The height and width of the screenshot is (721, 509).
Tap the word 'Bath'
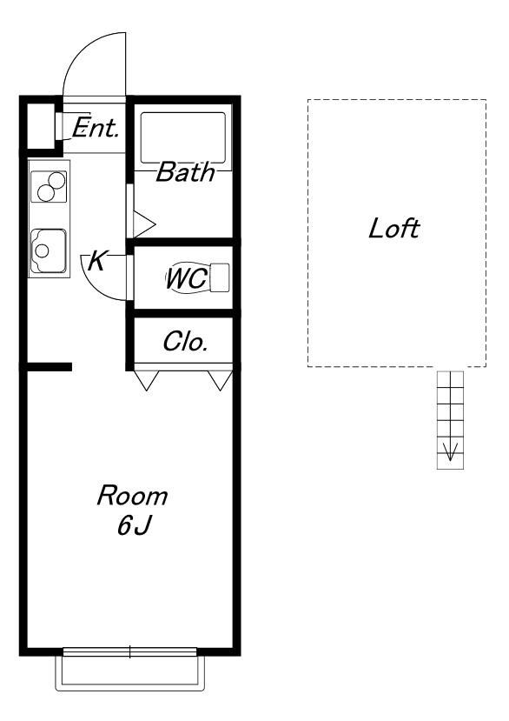186,172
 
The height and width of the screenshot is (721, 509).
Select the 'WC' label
186,278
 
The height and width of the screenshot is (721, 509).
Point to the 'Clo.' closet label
185,342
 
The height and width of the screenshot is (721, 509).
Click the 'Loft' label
394,228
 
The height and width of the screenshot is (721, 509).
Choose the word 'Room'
132,496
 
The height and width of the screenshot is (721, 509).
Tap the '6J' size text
134,525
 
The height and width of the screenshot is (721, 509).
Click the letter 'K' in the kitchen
97,261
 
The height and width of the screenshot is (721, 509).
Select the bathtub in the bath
182,137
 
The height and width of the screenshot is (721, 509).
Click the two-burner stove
49,187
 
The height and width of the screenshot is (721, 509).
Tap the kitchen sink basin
49,250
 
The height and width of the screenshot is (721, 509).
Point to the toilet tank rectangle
220,277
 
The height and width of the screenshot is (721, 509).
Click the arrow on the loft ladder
450,451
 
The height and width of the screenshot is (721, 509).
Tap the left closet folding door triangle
146,381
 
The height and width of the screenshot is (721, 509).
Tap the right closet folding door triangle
220,381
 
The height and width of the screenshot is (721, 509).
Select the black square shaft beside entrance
41,126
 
